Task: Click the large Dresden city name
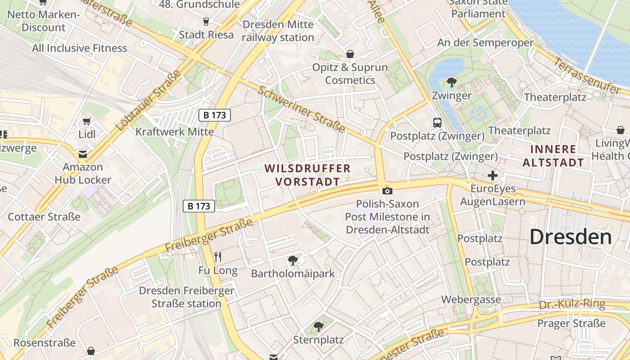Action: [x=570, y=237]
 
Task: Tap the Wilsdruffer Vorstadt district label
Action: [x=307, y=175]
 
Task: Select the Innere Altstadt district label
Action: [x=553, y=156]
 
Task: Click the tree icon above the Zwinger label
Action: [x=451, y=82]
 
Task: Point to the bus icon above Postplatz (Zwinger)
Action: [x=437, y=122]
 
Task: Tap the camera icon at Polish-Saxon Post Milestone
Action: [x=387, y=191]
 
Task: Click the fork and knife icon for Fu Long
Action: [x=218, y=257]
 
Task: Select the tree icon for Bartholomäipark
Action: [x=293, y=260]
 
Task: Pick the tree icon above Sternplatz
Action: [x=319, y=327]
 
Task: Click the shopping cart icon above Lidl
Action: [x=87, y=121]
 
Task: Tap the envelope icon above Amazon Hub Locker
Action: [x=83, y=154]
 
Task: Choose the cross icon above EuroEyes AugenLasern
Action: [x=493, y=175]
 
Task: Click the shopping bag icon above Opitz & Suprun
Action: [x=350, y=54]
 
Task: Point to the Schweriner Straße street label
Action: [x=301, y=109]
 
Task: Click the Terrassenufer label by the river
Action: [x=587, y=76]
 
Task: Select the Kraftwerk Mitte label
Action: [x=175, y=132]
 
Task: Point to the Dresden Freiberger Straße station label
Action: [x=186, y=297]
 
